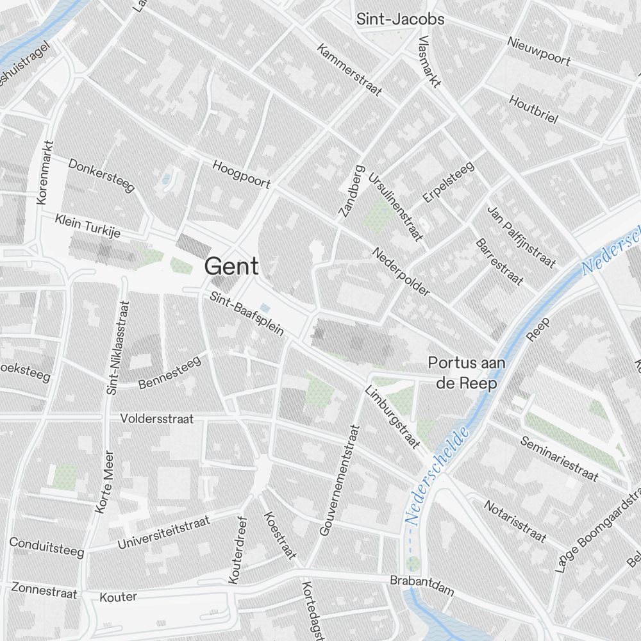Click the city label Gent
point(231,266)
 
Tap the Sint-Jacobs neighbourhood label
point(400,20)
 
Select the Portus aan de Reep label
point(466,373)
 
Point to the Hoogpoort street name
point(241,174)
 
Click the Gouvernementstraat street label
point(340,479)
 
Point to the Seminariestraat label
point(559,459)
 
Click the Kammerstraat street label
point(349,71)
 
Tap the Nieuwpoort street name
point(538,51)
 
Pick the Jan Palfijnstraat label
point(520,237)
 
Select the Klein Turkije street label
point(88,226)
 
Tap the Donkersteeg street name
point(101,174)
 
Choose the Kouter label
point(119,597)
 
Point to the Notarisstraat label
point(515,520)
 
